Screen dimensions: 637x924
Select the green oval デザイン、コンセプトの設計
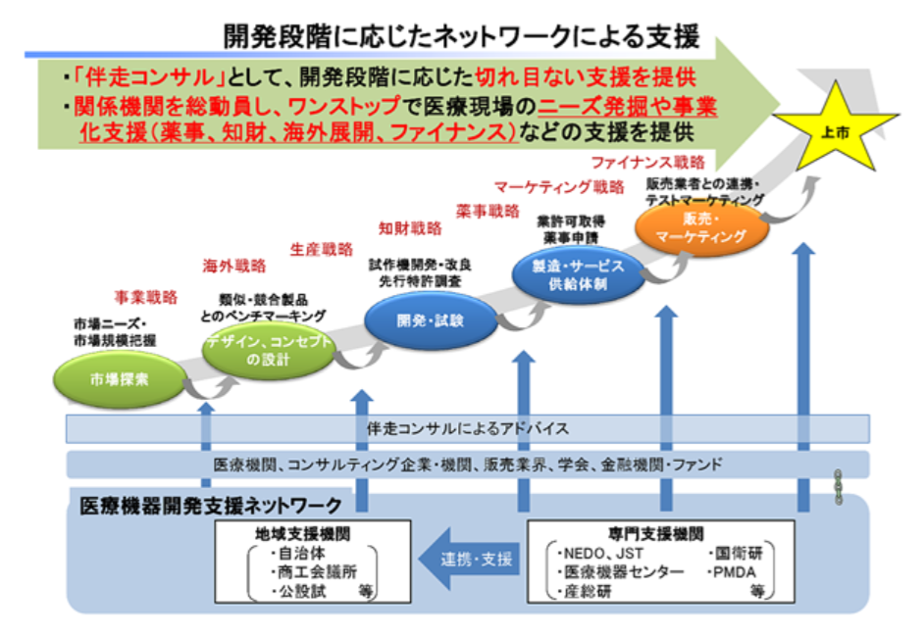[x=269, y=350]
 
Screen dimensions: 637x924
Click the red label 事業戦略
[x=145, y=295]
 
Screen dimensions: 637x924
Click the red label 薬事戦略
[x=488, y=210]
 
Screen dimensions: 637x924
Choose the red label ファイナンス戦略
[x=653, y=162]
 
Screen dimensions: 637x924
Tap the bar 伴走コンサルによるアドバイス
[x=467, y=429]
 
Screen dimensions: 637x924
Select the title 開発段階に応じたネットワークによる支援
[x=462, y=37]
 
